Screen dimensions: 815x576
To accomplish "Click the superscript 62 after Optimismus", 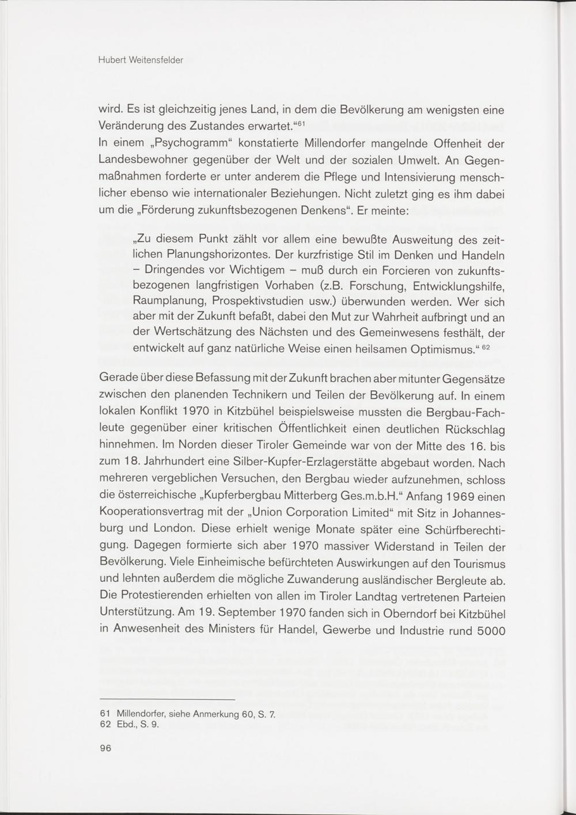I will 485,346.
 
